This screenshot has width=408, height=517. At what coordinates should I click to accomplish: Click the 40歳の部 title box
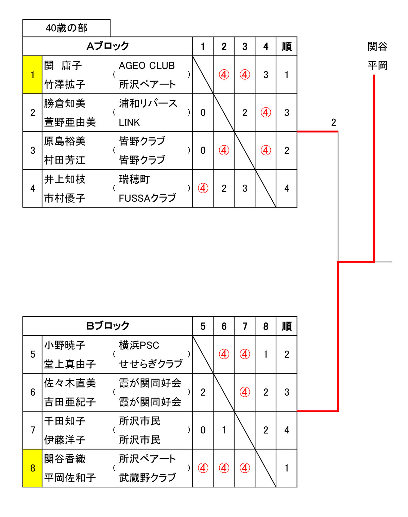[67, 28]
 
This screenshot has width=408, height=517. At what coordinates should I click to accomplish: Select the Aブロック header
[108, 46]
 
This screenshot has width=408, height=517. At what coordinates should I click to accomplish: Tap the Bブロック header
[108, 326]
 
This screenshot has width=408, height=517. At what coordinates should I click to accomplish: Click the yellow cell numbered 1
[32, 75]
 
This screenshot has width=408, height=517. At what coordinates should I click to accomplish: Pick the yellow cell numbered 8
[32, 468]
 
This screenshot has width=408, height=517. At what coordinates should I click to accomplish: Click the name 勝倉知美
[65, 103]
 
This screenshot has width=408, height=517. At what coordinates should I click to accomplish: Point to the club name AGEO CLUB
[147, 65]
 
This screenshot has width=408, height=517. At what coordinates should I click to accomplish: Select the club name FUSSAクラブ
[147, 198]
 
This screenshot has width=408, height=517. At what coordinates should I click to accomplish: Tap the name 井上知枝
[65, 179]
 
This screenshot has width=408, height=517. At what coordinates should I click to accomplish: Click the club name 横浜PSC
[139, 345]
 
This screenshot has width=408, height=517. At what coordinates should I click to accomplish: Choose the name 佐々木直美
[70, 383]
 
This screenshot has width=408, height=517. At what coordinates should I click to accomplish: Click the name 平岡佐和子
[70, 478]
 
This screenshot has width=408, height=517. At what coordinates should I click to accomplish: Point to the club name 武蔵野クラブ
[147, 478]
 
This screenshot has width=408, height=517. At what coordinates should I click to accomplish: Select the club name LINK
[129, 122]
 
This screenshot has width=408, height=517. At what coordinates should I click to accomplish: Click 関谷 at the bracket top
[377, 46]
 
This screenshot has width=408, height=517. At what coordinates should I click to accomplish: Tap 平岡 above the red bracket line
[377, 65]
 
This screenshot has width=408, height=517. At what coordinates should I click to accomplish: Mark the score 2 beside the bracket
[334, 122]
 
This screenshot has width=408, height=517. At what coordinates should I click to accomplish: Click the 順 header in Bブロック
[287, 326]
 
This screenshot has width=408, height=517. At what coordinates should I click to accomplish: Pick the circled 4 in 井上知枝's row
[203, 188]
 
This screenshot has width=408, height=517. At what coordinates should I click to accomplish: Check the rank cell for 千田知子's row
[287, 430]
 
